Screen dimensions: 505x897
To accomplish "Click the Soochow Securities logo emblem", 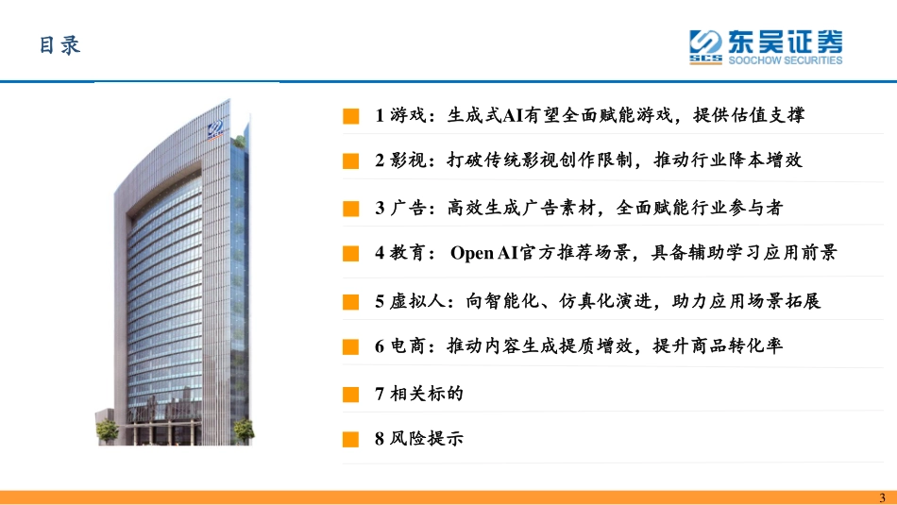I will pyautogui.click(x=705, y=46).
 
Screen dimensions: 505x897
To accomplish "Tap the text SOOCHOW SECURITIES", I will pyautogui.click(x=785, y=60).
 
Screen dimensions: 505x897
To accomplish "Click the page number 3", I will pyautogui.click(x=883, y=498).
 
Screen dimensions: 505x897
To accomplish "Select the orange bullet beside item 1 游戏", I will pyautogui.click(x=351, y=116).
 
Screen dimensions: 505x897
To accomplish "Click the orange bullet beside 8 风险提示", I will pyautogui.click(x=351, y=439).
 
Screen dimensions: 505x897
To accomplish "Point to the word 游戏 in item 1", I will pyautogui.click(x=407, y=116).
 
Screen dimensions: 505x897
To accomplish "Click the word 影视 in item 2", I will pyautogui.click(x=407, y=160).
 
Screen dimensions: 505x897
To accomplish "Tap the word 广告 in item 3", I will pyautogui.click(x=407, y=207).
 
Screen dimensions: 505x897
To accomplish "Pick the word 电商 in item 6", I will pyautogui.click(x=407, y=346).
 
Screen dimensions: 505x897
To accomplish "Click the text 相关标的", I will pyautogui.click(x=426, y=393).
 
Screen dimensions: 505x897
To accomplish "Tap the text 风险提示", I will pyautogui.click(x=426, y=439).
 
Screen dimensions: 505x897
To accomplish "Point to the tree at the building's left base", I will pyautogui.click(x=107, y=429).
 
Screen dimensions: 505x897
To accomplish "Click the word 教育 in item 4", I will pyautogui.click(x=407, y=253).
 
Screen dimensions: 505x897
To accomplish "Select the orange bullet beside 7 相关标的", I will pyautogui.click(x=351, y=393).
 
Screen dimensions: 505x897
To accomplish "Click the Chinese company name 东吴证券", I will pyautogui.click(x=785, y=41).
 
